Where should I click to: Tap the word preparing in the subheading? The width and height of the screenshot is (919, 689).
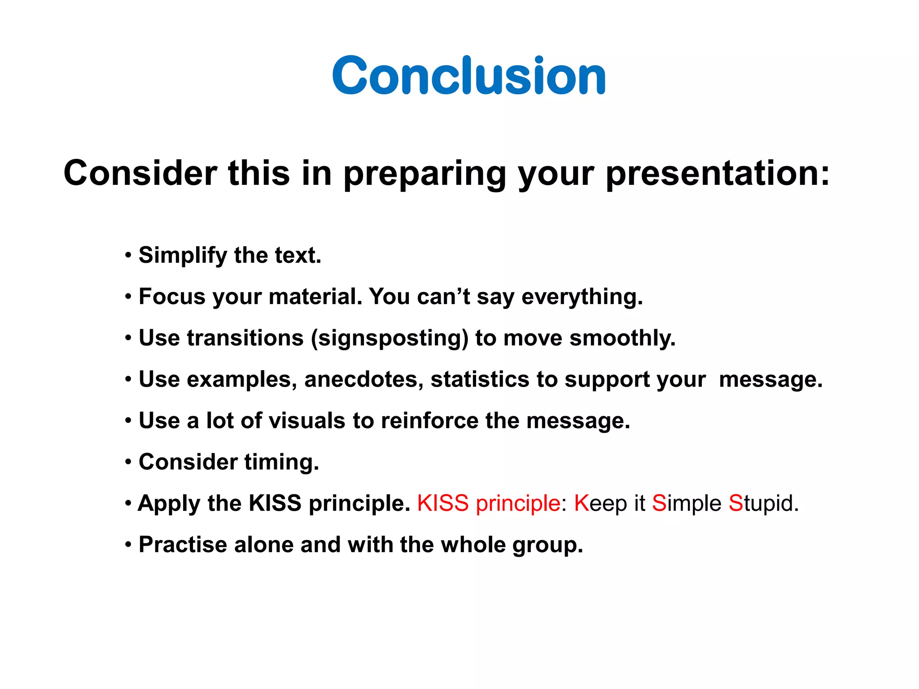[x=425, y=174]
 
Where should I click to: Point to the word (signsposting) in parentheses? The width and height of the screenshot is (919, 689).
[x=389, y=338]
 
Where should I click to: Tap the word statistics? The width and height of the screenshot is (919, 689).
[x=480, y=379]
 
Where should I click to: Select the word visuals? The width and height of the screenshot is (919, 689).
[x=307, y=421]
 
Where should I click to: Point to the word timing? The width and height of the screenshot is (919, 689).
[x=281, y=462]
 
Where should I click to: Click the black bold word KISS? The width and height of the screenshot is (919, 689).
[x=275, y=503]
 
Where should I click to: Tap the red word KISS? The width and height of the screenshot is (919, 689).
[x=443, y=503]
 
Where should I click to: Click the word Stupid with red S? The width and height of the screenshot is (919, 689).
[x=763, y=503]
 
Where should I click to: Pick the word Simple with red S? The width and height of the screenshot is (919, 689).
[x=686, y=503]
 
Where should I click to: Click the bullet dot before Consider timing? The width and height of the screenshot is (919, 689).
[x=128, y=462]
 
